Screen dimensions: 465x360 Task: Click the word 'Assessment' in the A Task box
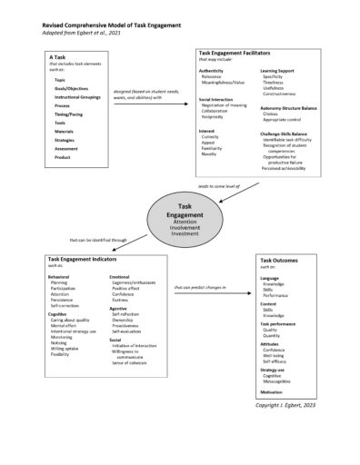click(65, 148)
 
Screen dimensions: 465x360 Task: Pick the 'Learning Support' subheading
click(277, 70)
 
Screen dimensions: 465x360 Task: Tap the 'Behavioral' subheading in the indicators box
click(58, 277)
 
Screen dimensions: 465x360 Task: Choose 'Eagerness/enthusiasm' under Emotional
click(133, 282)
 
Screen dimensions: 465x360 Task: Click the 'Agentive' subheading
click(118, 309)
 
